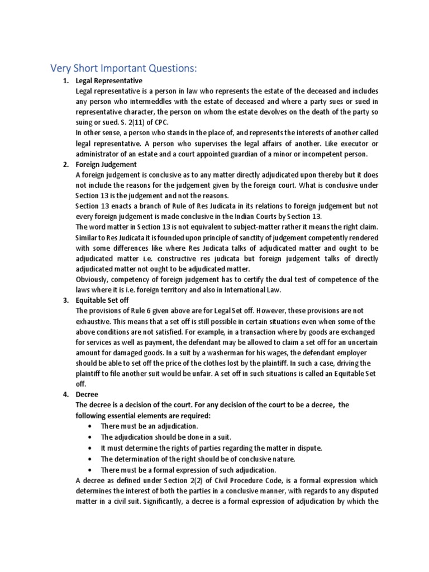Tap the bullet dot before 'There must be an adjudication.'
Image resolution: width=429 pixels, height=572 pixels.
[90, 427]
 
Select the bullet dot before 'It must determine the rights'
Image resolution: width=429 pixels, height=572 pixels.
[90, 448]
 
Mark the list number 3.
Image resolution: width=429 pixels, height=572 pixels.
[65, 300]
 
